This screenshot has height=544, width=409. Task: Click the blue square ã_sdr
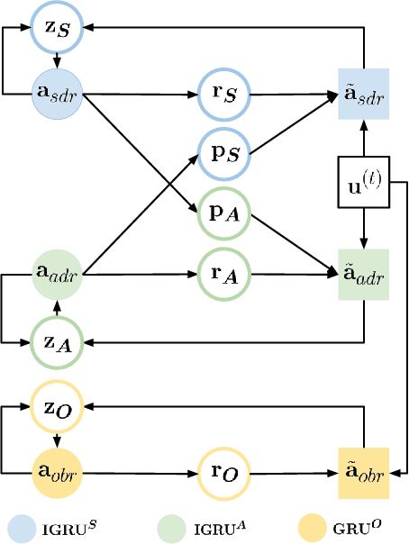tap(363, 94)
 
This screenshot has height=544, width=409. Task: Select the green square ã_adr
tap(363, 274)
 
